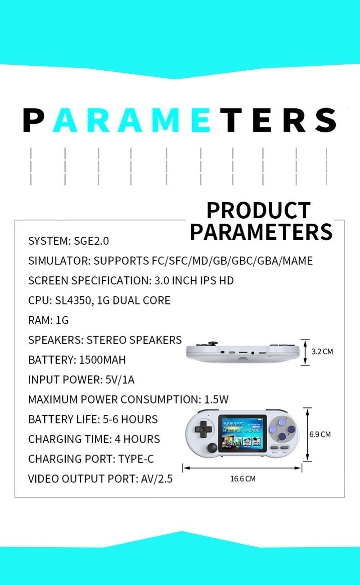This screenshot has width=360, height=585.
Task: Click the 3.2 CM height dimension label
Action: click(322, 351)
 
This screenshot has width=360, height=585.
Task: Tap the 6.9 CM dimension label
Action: click(320, 434)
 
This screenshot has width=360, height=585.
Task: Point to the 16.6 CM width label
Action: click(243, 479)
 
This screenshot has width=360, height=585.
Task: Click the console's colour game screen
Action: click(243, 433)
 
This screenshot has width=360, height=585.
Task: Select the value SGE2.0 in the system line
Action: click(91, 241)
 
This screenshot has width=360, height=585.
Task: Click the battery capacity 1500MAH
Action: click(102, 360)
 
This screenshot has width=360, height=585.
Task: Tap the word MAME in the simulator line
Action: click(297, 261)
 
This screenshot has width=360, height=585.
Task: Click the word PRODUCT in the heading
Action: click(259, 211)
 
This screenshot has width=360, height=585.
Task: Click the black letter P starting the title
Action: click(33, 120)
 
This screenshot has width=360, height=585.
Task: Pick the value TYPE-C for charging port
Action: click(136, 459)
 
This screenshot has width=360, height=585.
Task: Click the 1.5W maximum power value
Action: click(216, 400)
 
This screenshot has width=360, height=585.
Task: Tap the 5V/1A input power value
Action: click(120, 380)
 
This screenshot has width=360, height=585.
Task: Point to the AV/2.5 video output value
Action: click(157, 479)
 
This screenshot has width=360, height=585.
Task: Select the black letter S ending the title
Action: click(325, 120)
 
